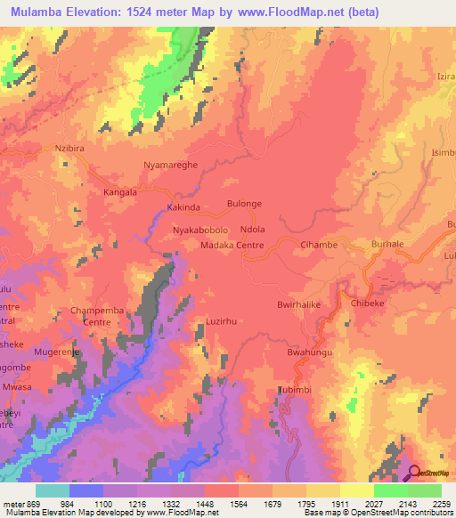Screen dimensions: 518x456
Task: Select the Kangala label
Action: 120,191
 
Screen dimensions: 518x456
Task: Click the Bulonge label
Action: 245,204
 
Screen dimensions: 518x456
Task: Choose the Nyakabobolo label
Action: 203,229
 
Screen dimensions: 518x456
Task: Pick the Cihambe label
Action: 319,245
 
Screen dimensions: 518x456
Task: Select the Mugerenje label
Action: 57,352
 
